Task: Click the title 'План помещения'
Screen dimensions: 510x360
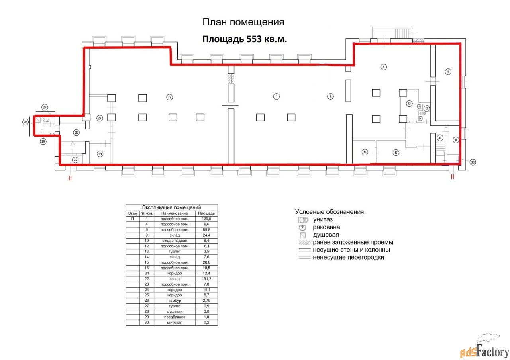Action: (243, 22)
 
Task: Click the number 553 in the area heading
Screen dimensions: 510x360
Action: (254, 39)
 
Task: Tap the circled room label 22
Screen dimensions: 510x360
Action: (169, 98)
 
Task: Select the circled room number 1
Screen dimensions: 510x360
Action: (277, 97)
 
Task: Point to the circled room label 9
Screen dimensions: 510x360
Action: (448, 72)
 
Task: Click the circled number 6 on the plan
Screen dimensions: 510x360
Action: (384, 67)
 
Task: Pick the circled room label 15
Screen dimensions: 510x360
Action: (396, 153)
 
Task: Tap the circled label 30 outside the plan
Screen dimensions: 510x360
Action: (473, 162)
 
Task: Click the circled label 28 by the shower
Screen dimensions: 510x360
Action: (25, 122)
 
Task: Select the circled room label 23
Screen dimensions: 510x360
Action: (100, 154)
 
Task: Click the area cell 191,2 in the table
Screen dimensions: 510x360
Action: (206, 279)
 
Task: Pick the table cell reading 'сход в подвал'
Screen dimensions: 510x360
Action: (175, 241)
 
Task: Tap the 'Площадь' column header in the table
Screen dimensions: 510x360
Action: (206, 213)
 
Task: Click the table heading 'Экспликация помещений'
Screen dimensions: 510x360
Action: (171, 207)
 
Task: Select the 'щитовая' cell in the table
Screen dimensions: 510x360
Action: (175, 323)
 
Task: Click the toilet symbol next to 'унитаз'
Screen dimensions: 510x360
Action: (303, 220)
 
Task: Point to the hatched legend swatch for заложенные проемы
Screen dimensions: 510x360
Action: (305, 243)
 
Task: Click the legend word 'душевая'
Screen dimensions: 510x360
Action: (326, 235)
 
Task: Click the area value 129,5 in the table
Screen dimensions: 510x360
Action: (206, 219)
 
